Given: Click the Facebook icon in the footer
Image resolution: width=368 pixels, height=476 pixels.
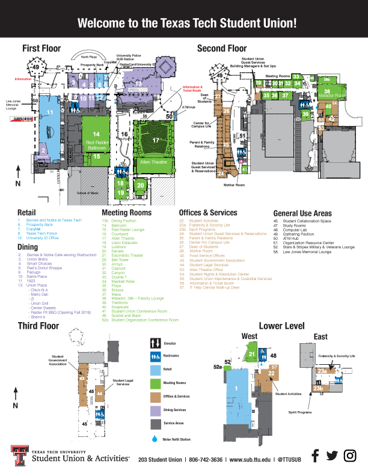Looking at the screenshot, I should point(314,456).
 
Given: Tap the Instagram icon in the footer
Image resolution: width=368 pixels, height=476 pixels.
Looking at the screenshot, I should point(350,456).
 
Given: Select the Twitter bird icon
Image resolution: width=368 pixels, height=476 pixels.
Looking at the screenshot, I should point(332,456).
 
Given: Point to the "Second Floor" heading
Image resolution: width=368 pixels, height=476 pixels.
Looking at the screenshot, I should point(222,48).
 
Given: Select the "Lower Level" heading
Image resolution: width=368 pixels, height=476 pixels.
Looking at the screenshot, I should point(283,326).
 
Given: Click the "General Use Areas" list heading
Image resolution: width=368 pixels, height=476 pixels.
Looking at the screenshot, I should point(302,213).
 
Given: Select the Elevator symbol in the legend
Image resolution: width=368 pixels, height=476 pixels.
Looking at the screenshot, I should point(155,344).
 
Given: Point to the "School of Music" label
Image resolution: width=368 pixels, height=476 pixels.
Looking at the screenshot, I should point(88,193).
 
